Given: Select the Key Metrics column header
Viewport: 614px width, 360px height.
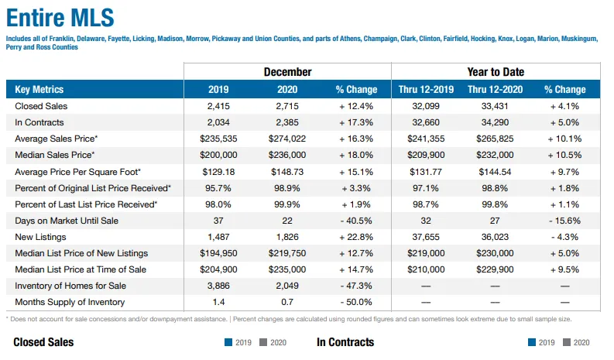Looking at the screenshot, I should pos(39,90).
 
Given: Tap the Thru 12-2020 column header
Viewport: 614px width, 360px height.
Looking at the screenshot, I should pos(495,90).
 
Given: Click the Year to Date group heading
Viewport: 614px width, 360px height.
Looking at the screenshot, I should pos(495,72).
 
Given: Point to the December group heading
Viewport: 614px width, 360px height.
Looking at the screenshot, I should pos(287,72).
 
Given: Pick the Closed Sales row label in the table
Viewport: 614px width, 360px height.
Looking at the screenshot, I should pos(41,106).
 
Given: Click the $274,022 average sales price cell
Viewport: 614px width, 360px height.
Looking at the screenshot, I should pos(287,139).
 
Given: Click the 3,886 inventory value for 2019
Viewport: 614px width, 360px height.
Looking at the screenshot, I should pos(218,286).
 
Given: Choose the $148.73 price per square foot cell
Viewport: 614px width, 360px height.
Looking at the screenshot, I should pos(287,172).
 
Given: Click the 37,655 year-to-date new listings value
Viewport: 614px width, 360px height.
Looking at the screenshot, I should pos(426,237).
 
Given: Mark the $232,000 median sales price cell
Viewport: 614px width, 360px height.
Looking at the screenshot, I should pos(495,155).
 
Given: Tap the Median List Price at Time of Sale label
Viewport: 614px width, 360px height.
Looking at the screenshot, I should pos(81,269).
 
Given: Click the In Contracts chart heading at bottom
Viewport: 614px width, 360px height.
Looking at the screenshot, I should pos(345,342).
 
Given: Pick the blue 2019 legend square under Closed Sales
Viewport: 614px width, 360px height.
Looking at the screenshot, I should pos(228,342).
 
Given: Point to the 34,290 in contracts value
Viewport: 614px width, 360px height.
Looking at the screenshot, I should pos(495,122).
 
